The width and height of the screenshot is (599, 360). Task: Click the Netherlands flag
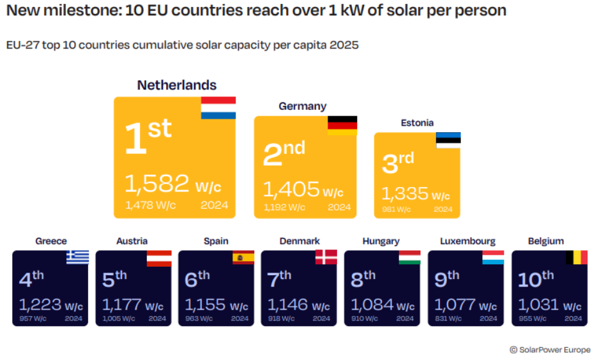218,108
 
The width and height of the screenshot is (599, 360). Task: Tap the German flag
342,125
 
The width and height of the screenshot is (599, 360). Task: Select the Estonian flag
448,140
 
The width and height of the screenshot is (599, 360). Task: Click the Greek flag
77,257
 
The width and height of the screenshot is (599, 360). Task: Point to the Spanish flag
243,257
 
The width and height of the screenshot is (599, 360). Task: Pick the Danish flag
326,257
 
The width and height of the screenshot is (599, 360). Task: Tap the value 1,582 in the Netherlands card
156,184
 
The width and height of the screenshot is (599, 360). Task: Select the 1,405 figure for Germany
291,189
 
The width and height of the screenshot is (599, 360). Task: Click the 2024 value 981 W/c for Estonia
397,209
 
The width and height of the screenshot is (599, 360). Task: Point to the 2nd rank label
284,153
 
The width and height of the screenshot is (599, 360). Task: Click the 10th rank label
535,279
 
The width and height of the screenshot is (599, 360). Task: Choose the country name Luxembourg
467,241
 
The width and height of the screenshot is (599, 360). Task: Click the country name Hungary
381,241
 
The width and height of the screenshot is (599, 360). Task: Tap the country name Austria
132,241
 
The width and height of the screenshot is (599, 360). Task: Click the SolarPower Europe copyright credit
550,349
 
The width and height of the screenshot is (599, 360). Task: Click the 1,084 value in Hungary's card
370,304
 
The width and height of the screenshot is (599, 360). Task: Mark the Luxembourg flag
492,257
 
